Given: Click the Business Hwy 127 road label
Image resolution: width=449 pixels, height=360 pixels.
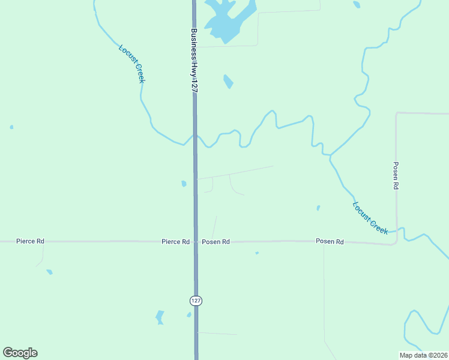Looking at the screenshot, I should click(x=194, y=60).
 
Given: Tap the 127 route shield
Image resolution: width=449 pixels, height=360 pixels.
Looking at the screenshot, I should click(x=196, y=300).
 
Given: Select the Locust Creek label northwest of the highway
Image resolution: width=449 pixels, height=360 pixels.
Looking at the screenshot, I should click(x=132, y=64).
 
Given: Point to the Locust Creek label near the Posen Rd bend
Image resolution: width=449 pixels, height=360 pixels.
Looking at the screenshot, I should click(x=370, y=217).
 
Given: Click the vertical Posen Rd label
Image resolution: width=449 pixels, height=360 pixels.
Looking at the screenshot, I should click(x=396, y=176).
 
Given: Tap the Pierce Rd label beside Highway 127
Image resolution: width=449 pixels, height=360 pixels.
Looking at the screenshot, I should click(x=175, y=242).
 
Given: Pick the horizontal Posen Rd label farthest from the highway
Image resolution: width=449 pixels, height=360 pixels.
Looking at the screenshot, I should click(x=330, y=241).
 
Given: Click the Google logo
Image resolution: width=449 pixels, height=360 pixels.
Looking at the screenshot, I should click(x=20, y=353).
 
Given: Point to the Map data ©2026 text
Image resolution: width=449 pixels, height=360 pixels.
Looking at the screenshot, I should click(x=423, y=355).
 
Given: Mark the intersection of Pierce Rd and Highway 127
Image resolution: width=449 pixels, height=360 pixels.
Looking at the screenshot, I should click(x=196, y=242).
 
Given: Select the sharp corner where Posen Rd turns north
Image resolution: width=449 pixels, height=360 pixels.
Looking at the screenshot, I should click(x=396, y=243).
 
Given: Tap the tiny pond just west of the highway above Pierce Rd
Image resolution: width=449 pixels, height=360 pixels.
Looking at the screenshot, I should click(x=184, y=184).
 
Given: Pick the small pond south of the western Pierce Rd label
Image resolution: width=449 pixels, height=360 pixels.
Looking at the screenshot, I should click(x=49, y=272).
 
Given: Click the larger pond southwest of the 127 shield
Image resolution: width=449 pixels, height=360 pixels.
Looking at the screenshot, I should click(x=160, y=316).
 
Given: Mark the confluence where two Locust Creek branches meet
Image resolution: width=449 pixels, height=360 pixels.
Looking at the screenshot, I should click(x=330, y=155).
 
